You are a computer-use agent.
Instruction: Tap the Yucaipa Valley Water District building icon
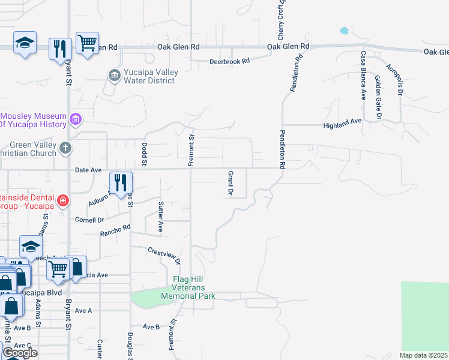tap(114, 76)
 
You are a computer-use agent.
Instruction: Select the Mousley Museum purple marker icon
tap(76, 119)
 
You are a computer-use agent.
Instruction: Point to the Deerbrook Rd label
tap(229, 61)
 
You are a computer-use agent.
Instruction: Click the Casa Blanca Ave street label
tap(363, 75)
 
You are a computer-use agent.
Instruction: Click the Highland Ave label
tap(342, 121)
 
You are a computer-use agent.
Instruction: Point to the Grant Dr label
tap(230, 183)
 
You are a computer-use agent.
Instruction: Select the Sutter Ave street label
tap(161, 217)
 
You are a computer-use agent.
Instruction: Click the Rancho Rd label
tap(115, 230)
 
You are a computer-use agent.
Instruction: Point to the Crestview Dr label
tap(164, 255)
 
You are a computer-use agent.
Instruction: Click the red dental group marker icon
tap(62, 200)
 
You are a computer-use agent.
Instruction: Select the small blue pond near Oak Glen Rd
tap(345, 30)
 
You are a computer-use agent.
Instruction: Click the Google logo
tap(20, 353)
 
